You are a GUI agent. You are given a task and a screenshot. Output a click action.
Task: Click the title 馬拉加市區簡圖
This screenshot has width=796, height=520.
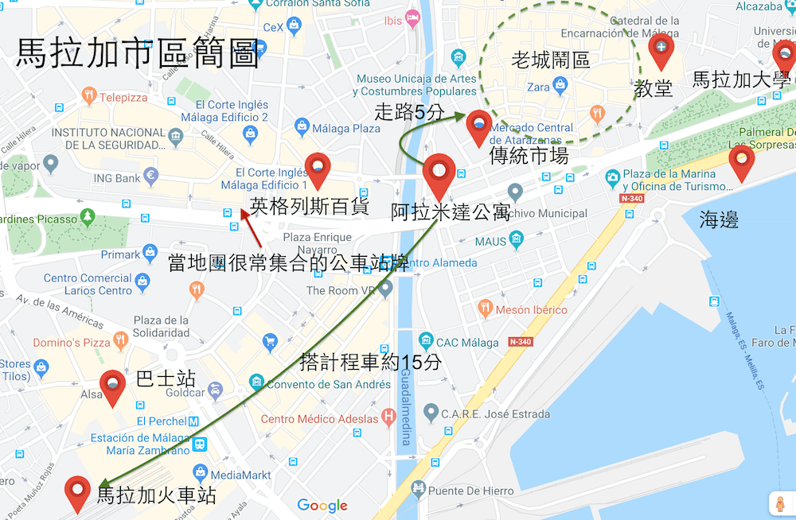tap(138, 53)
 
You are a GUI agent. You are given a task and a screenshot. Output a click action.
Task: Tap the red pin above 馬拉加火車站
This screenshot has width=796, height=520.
tap(78, 491)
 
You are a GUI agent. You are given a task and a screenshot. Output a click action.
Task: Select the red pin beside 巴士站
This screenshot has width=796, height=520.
tap(112, 386)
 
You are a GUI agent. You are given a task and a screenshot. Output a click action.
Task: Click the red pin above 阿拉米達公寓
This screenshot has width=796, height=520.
tap(439, 173)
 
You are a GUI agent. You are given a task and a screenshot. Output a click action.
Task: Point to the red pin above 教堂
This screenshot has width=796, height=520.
tap(661, 50)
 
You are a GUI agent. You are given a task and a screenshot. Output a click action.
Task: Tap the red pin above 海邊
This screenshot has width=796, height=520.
tap(741, 161)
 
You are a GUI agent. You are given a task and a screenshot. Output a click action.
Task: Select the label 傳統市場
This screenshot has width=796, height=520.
tap(529, 155)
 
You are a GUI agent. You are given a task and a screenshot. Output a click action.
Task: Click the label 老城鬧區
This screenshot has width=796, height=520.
tap(551, 60)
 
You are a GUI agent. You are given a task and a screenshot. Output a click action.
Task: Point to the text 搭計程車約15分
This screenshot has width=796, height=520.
tap(370, 362)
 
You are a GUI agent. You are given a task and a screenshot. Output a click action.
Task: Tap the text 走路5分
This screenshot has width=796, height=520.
tap(409, 112)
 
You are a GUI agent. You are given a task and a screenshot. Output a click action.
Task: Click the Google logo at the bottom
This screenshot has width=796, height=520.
tap(322, 506)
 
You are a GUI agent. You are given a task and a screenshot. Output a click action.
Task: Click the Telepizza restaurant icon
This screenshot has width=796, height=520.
tap(89, 96)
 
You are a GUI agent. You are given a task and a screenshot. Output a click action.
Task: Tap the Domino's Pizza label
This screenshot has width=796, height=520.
tap(72, 343)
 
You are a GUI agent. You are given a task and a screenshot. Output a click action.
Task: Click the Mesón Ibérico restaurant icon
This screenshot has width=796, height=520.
tap(485, 309)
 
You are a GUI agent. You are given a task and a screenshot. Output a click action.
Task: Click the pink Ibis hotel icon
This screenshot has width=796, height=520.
tap(412, 18)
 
